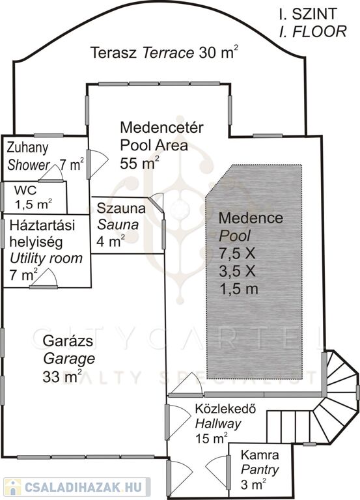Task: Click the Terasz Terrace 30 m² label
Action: pos(164,52)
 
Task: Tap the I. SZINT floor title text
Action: pos(308,14)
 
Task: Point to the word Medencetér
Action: pos(161,127)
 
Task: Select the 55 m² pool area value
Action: pos(139,163)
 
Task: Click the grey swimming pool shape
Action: pos(254,271)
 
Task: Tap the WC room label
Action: pos(25,190)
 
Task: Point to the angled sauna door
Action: pos(156,203)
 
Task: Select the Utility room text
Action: pos(46,258)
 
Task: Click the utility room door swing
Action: pos(44,279)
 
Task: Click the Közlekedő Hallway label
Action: pos(225,416)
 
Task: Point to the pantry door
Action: pos(219,472)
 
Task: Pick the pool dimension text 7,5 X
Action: pos(238,253)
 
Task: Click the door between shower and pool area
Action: pos(97,164)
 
